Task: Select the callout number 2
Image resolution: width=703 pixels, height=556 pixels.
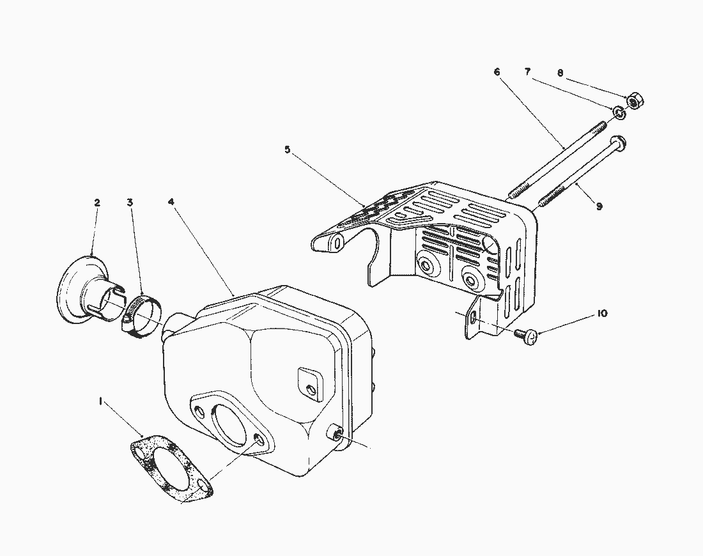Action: pos(97,203)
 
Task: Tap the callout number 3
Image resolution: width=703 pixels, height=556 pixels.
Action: pos(130,203)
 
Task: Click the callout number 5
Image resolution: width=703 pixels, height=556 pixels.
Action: pos(288,150)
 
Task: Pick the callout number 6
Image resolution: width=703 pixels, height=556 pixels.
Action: pos(497,72)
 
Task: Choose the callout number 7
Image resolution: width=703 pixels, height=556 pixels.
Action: pos(527,72)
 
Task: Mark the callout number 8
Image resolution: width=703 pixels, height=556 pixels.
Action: pos(560,73)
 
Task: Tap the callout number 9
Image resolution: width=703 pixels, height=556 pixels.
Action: pos(599,206)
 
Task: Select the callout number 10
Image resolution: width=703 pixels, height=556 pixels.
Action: pos(602,313)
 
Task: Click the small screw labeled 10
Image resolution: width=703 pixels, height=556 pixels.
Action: pos(526,336)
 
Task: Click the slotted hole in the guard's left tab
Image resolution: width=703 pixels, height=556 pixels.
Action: pos(336,242)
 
